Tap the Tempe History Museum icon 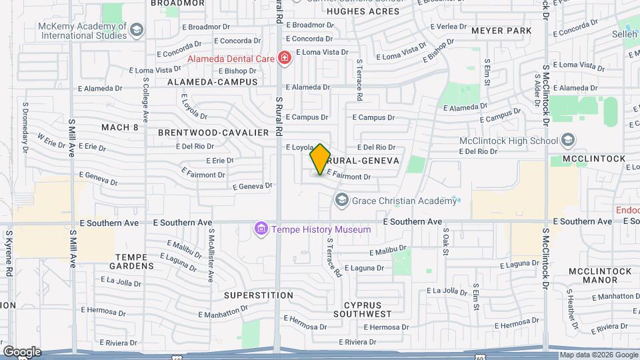(x=261, y=229)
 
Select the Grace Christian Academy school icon (x=342, y=200)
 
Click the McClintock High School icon (x=567, y=141)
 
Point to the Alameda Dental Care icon (x=285, y=59)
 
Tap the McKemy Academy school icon (x=136, y=29)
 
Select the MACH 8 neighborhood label (x=120, y=127)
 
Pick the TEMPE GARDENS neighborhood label (x=134, y=261)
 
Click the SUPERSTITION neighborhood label (x=249, y=294)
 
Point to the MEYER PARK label (x=501, y=31)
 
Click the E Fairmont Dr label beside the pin (x=348, y=177)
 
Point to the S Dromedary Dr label (x=25, y=127)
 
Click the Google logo (x=22, y=351)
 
